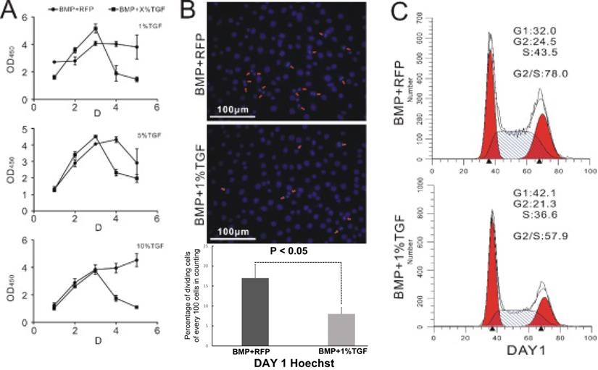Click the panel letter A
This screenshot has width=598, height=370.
click(12, 13)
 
